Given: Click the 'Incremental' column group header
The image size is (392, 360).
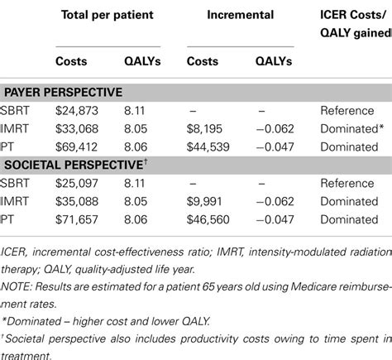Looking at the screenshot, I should tap(234, 17).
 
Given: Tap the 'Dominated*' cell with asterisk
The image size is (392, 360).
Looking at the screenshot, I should tap(351, 128).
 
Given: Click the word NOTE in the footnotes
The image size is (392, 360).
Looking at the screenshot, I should tap(18, 286).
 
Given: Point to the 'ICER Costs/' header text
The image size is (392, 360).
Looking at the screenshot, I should tap(355, 17).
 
